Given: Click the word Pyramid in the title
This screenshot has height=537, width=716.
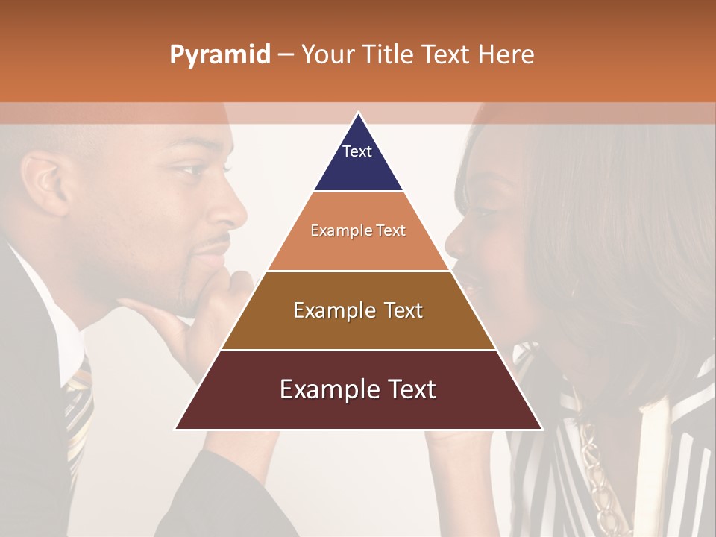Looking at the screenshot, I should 219,55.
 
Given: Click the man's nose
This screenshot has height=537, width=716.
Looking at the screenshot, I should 231,213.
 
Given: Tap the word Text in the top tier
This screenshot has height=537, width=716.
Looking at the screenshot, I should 357,151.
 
